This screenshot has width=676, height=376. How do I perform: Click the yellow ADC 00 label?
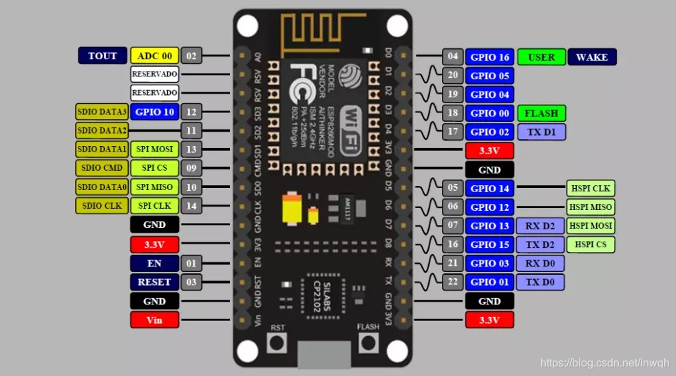pyautogui.click(x=155, y=56)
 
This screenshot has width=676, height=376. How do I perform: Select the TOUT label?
pyautogui.click(x=103, y=56)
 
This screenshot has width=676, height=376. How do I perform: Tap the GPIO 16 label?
pyautogui.click(x=489, y=57)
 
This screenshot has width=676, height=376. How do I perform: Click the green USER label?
pyautogui.click(x=541, y=57)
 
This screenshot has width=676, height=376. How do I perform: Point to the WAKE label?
pyautogui.click(x=592, y=57)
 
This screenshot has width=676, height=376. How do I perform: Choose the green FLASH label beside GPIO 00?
pyautogui.click(x=541, y=113)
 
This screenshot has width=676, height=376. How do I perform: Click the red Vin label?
pyautogui.click(x=154, y=320)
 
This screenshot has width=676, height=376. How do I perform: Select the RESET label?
pyautogui.click(x=154, y=282)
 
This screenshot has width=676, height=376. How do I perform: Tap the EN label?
pyautogui.click(x=154, y=263)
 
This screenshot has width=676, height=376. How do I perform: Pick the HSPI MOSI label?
pyautogui.click(x=591, y=225)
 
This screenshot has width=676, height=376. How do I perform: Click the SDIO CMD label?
pyautogui.click(x=103, y=168)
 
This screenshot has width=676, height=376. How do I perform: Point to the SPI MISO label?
pyautogui.click(x=154, y=187)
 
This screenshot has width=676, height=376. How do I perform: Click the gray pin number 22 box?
pyautogui.click(x=452, y=282)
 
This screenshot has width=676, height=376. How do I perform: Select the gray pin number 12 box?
pyautogui.click(x=191, y=112)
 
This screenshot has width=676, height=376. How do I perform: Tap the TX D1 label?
pyautogui.click(x=541, y=132)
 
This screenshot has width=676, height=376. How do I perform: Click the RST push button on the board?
pyautogui.click(x=278, y=342)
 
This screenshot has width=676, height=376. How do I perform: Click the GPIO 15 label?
pyautogui.click(x=489, y=244)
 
